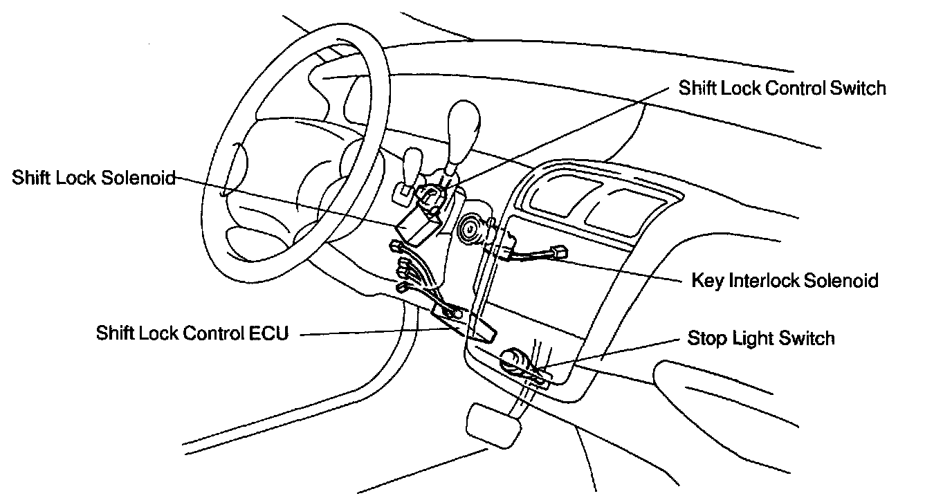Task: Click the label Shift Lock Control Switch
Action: coord(782,89)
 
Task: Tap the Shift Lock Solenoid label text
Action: coord(93,178)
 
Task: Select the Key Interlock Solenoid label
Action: coord(785,281)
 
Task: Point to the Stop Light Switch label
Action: coord(761,338)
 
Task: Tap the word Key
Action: coord(705,281)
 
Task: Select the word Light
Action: coord(751,339)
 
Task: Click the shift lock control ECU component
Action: coord(479,329)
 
